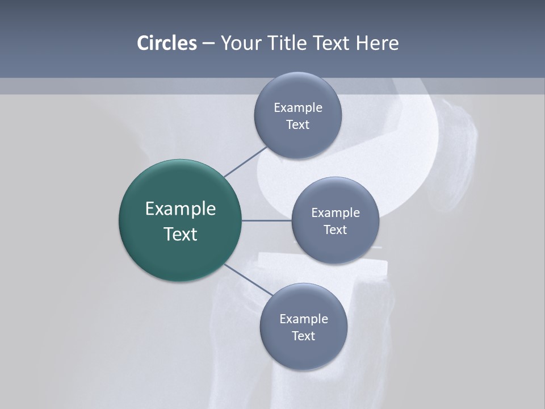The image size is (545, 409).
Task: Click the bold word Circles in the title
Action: [166, 43]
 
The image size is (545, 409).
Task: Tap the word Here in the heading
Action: [377, 43]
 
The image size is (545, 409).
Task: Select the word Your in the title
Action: [241, 43]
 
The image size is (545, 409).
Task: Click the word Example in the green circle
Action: [180, 209]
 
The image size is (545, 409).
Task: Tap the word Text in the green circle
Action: [180, 234]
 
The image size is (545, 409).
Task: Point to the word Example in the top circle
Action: [297, 107]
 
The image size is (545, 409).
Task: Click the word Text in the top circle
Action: [297, 124]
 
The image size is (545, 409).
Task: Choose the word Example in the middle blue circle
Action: [335, 212]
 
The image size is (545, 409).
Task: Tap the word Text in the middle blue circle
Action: [335, 229]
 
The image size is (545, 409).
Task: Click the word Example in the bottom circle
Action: [303, 319]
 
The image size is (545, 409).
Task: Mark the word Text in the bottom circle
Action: [303, 336]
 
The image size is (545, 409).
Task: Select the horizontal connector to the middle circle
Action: [266, 220]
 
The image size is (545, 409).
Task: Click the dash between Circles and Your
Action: [208, 44]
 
